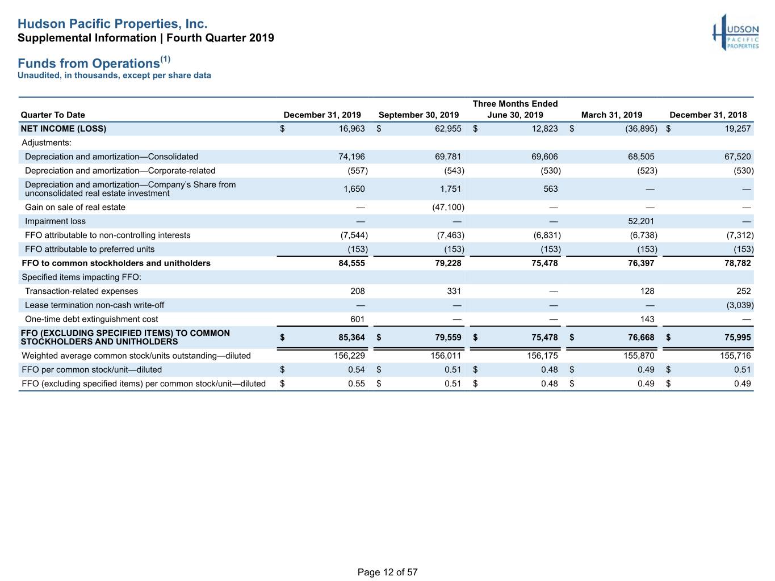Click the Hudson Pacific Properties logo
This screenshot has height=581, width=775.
pyautogui.click(x=735, y=32)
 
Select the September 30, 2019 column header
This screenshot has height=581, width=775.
pyautogui.click(x=418, y=115)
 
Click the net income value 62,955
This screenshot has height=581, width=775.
pyautogui.click(x=448, y=129)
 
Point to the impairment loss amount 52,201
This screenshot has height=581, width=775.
pyautogui.click(x=641, y=221)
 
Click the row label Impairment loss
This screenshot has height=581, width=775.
pyautogui.click(x=55, y=221)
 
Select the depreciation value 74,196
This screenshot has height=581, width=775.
pyautogui.click(x=351, y=157)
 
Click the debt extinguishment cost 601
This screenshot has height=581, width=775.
pyautogui.click(x=357, y=319)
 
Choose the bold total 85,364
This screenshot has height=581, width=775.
pyautogui.click(x=351, y=337)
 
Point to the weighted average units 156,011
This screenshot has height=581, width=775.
pyautogui.click(x=446, y=356)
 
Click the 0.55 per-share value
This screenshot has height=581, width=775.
pyautogui.click(x=357, y=384)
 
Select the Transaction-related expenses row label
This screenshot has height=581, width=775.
pyautogui.click(x=82, y=291)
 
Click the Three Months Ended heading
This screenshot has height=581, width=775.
pyautogui.click(x=515, y=104)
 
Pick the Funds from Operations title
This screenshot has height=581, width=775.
pyautogui.click(x=89, y=64)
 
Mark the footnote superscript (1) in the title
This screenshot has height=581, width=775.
pyautogui.click(x=165, y=59)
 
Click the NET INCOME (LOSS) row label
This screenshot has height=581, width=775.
pyautogui.click(x=64, y=129)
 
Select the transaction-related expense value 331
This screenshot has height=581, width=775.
pyautogui.click(x=454, y=291)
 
